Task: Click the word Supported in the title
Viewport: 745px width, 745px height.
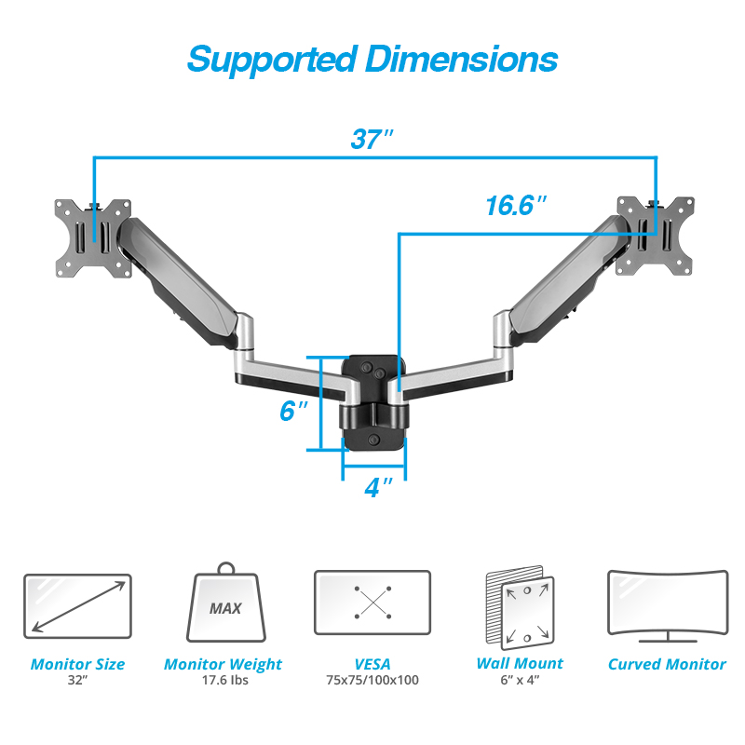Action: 272,61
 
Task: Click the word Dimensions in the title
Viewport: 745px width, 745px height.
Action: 461,59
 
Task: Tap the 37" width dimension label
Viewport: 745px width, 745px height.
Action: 372,139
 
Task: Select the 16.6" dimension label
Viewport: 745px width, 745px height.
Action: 516,205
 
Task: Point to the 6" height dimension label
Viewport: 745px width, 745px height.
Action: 293,410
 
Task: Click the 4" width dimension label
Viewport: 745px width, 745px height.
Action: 378,487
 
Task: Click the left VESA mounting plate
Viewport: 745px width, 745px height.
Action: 93,238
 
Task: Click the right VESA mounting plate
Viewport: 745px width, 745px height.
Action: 656,237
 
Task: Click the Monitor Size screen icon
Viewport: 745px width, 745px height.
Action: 77,606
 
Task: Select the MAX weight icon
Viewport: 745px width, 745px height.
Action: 225,603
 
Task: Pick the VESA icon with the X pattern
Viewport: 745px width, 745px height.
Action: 372,603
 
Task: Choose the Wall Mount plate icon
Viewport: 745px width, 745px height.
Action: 521,607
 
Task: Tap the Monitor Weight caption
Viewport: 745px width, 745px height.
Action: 223,664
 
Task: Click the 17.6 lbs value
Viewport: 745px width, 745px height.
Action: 225,681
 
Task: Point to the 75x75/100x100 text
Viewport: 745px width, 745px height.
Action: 372,681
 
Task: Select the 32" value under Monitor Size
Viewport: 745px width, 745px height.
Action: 77,681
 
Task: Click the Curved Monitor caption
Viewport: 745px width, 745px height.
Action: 667,664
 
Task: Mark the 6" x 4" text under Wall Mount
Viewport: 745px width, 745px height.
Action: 520,681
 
